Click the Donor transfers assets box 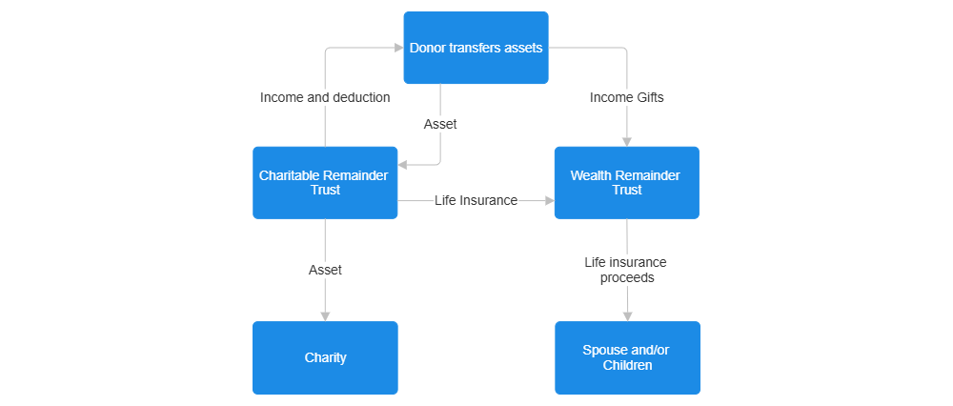(476, 48)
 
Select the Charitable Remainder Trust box (325, 182)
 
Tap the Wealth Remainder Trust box (626, 182)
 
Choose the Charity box (325, 357)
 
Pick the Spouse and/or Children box (627, 357)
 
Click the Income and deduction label (325, 97)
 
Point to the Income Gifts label (626, 97)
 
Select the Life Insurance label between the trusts (476, 200)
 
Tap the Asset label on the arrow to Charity (325, 270)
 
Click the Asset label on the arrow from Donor (439, 124)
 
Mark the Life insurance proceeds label (626, 270)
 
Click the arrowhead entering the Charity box (325, 315)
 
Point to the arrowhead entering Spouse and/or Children (627, 315)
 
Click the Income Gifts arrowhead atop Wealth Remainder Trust (626, 140)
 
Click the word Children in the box (627, 365)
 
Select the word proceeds (627, 277)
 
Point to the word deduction (357, 97)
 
